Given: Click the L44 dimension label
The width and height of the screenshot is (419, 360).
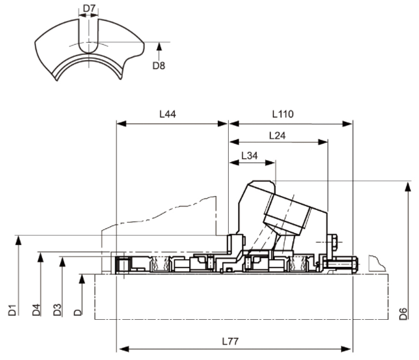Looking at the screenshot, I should (x=167, y=114).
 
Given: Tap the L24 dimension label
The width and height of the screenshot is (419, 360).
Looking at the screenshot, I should (x=278, y=135).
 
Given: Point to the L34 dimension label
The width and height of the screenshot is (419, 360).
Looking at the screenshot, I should (x=250, y=155).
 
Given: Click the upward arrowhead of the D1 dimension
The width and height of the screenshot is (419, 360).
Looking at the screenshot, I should (x=19, y=239).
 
